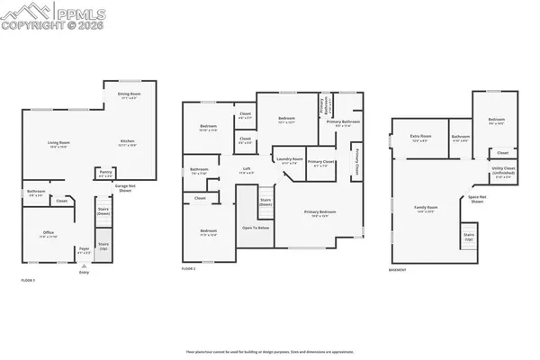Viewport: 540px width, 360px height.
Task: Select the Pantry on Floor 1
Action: [x=105, y=175]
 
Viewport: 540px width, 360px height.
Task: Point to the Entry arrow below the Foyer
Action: [x=84, y=270]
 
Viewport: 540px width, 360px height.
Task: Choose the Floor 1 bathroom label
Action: [x=36, y=192]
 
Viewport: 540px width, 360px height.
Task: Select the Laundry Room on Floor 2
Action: [x=289, y=160]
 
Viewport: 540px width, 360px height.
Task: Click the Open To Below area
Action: [x=256, y=229]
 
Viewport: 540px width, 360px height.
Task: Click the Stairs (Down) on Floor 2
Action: [x=265, y=202]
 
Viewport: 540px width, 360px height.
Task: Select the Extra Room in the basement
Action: [x=421, y=139]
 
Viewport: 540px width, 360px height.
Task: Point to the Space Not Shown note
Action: [x=476, y=201]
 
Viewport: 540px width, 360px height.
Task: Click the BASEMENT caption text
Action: [x=397, y=270]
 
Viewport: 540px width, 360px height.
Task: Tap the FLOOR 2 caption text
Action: [x=188, y=269]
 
